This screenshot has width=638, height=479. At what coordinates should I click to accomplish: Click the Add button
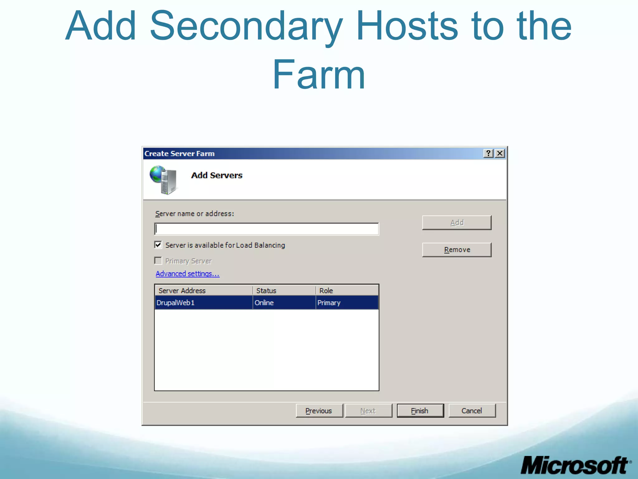(x=457, y=223)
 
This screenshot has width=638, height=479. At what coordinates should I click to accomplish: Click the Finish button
(x=420, y=411)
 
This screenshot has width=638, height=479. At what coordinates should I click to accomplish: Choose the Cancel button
(x=472, y=411)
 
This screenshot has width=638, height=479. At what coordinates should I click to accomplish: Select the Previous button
(x=319, y=411)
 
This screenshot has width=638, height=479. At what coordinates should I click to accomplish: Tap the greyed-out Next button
(x=368, y=411)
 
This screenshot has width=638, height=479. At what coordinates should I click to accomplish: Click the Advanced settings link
(x=188, y=274)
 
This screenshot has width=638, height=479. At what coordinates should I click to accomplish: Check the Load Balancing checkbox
(x=158, y=245)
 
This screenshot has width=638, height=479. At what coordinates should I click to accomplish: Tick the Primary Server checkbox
(x=158, y=261)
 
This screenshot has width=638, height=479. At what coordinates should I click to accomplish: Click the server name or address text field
(x=267, y=229)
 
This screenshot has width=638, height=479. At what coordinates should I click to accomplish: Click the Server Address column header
(x=203, y=291)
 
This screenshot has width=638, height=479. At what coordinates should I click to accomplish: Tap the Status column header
(x=284, y=291)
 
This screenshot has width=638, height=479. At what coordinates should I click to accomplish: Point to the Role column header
(x=347, y=291)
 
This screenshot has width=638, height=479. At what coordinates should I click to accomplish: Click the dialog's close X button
(x=500, y=153)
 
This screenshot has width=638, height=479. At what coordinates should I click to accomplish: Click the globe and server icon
(x=164, y=180)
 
